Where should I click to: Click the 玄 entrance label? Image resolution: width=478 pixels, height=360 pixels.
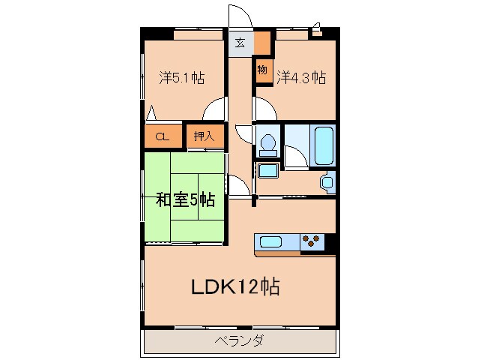[240, 43]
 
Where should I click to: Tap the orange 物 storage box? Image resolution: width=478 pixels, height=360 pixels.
[261, 70]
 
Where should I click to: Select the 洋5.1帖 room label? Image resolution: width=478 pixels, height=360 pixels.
[182, 77]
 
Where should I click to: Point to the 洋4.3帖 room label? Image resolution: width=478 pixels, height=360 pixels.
[300, 77]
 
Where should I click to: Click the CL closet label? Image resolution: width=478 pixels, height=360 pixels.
[163, 136]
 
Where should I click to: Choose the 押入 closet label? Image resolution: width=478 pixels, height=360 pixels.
[204, 136]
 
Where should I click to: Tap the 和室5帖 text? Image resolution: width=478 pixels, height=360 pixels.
[185, 200]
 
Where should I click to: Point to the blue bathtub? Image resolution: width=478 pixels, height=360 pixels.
[323, 145]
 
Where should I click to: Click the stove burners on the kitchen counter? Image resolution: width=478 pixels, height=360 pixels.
[312, 241]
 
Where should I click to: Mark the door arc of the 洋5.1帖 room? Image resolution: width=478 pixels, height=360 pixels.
[216, 109]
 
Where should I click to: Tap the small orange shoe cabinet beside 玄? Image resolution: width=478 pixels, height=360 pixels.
[261, 43]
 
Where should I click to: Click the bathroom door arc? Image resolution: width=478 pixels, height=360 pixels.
[294, 156]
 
